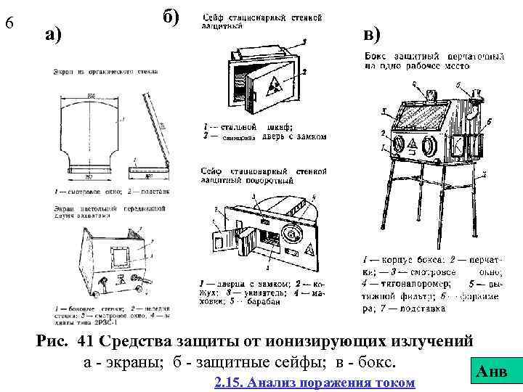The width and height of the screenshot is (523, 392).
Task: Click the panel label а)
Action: click(x=53, y=34)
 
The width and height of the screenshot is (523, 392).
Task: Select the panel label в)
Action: click(x=371, y=34)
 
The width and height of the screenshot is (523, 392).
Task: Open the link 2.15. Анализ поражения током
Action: click(x=315, y=382)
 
